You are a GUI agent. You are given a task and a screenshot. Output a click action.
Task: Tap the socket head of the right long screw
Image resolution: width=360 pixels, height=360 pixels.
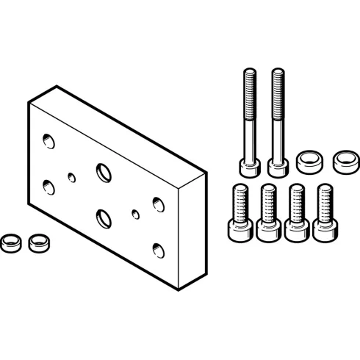278,166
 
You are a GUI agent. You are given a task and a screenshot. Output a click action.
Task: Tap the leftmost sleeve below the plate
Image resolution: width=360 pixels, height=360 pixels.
10,242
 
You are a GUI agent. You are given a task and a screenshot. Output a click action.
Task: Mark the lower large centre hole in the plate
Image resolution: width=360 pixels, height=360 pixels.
102,218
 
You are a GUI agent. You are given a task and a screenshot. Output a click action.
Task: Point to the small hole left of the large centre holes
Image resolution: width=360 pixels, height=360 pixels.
71,176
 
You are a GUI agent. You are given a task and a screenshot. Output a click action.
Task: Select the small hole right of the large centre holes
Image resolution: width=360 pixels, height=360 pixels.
135,215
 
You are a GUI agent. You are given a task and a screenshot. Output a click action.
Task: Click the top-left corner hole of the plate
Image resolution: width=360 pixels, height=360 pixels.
48,140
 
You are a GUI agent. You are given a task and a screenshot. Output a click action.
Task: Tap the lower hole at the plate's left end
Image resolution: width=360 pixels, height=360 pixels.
48,187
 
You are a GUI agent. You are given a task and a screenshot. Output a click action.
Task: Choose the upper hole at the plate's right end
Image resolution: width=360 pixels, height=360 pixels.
157,203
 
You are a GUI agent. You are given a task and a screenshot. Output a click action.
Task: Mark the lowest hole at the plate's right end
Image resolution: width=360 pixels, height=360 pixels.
157,248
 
